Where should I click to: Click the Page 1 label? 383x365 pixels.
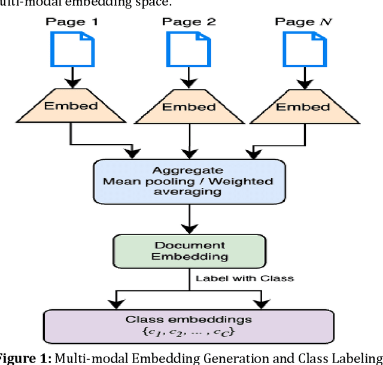[x=72, y=22]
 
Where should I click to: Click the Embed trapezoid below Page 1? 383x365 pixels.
[x=72, y=107]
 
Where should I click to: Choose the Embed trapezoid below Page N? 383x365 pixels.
[x=302, y=107]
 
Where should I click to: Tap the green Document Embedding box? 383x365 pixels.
[x=189, y=251]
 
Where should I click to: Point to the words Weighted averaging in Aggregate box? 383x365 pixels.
[x=227, y=186]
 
